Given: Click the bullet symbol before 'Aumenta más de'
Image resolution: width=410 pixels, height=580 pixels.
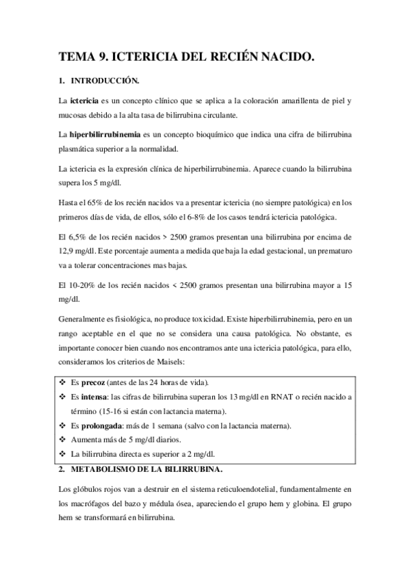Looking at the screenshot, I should click(63, 440).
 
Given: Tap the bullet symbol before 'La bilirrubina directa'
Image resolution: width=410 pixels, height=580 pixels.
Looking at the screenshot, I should click(63, 454).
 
